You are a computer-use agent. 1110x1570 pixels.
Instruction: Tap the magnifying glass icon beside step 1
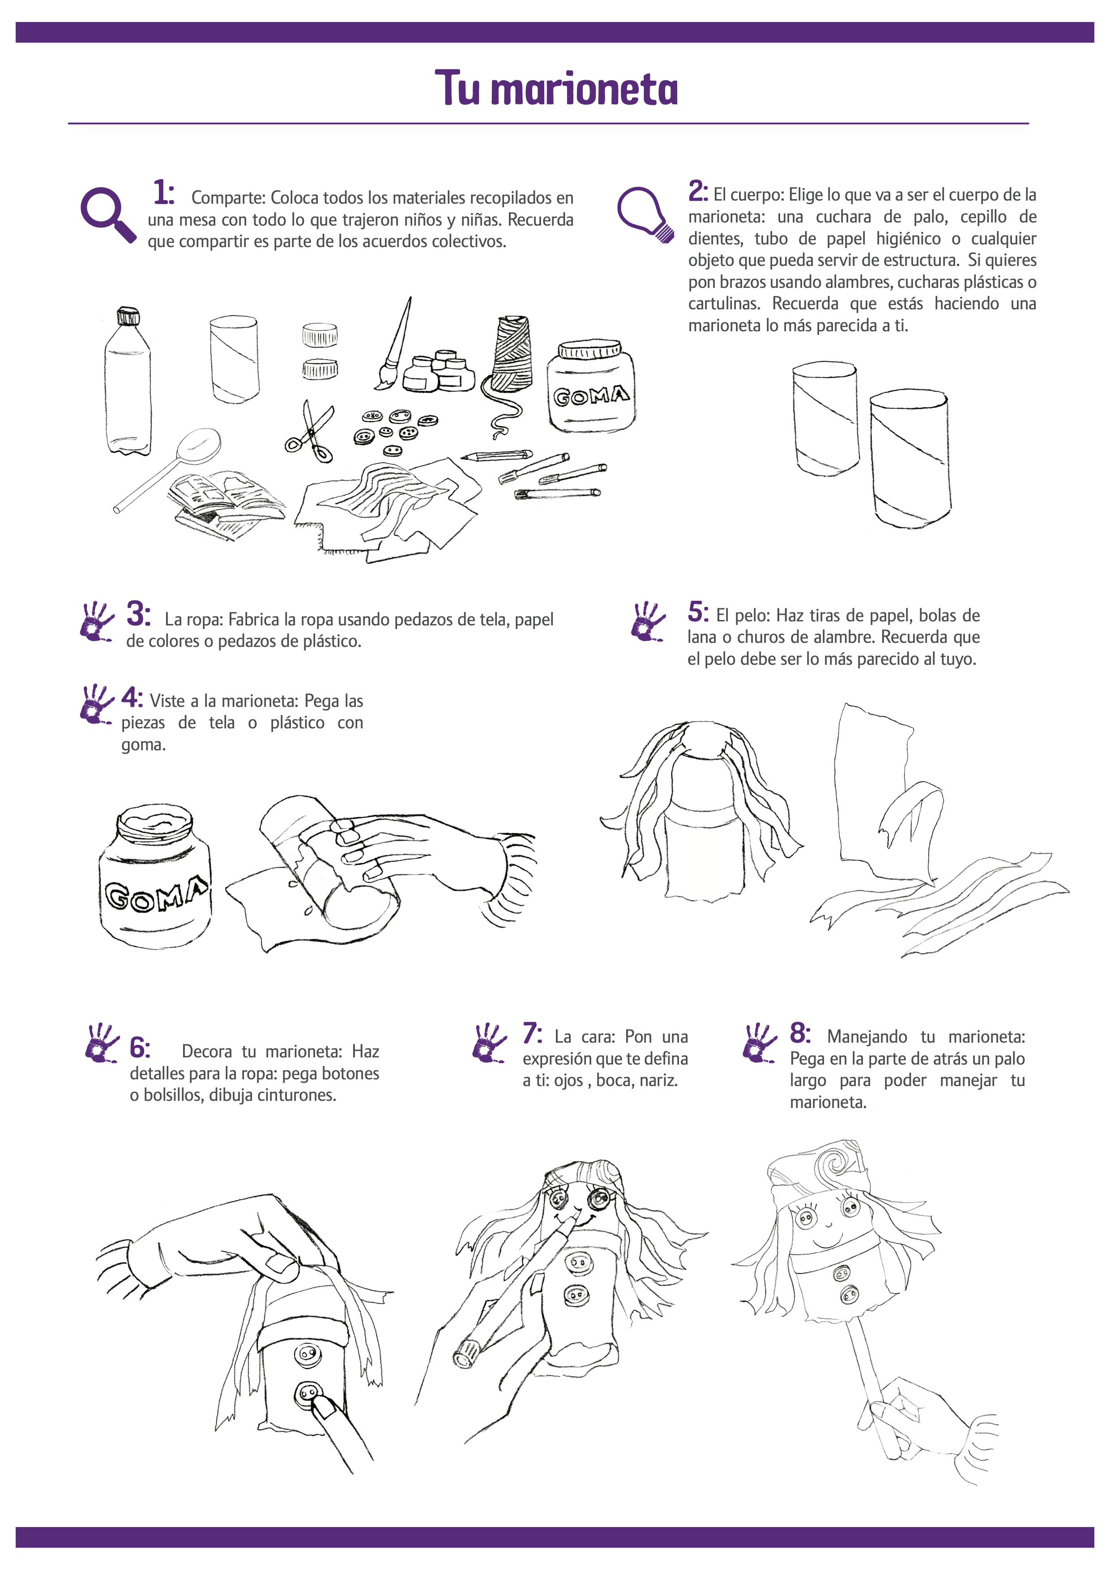tap(108, 215)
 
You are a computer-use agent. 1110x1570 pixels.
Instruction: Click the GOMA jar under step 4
tap(155, 877)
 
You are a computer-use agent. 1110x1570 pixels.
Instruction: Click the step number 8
tap(800, 1032)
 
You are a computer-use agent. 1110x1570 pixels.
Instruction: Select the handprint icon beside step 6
tap(102, 1043)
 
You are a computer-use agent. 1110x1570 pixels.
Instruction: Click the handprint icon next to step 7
tap(489, 1043)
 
